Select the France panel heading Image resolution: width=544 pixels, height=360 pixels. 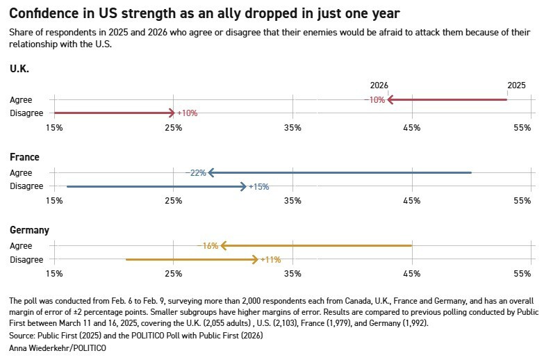(24, 157)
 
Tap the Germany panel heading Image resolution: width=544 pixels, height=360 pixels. (29, 230)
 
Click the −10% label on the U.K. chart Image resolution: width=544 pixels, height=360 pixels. (374, 100)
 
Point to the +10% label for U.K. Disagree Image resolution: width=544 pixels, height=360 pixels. (188, 113)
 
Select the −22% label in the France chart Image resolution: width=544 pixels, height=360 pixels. (196, 173)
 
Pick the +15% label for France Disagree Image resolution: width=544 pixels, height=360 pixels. (258, 186)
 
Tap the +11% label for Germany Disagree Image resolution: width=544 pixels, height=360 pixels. (270, 259)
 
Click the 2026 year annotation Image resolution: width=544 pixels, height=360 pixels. (379, 85)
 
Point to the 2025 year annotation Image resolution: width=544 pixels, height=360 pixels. (516, 85)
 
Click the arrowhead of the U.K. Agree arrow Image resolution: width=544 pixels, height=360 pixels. (390, 100)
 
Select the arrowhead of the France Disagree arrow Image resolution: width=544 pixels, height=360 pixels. (243, 186)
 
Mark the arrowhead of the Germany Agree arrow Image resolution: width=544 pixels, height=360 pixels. (224, 245)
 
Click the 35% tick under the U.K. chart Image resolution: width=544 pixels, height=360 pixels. (292, 128)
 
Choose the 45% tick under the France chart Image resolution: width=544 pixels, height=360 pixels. (412, 201)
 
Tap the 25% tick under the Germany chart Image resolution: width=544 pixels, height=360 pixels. (173, 274)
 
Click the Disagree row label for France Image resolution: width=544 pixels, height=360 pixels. (26, 186)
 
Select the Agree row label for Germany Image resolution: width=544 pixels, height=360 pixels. (21, 246)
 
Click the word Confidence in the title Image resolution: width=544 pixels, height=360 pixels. (48, 13)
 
